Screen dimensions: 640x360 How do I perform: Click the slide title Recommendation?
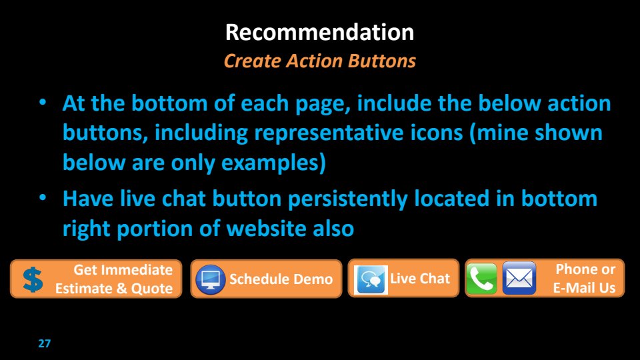click(x=319, y=32)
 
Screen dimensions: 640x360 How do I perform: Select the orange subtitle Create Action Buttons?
click(x=319, y=61)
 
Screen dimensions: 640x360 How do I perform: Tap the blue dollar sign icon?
click(x=33, y=279)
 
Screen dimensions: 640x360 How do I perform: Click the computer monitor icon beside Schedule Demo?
click(x=211, y=279)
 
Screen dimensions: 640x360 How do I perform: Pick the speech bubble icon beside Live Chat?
click(x=371, y=279)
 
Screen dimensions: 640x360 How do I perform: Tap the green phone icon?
click(x=481, y=279)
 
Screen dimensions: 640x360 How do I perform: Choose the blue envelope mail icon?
click(x=519, y=279)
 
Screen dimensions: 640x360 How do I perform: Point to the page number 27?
click(x=45, y=343)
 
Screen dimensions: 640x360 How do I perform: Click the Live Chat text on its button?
click(x=420, y=279)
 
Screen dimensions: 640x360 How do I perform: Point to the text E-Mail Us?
click(x=584, y=288)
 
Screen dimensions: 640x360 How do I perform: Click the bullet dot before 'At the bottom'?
click(x=43, y=103)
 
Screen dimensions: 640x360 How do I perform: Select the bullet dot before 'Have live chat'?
click(x=43, y=198)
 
